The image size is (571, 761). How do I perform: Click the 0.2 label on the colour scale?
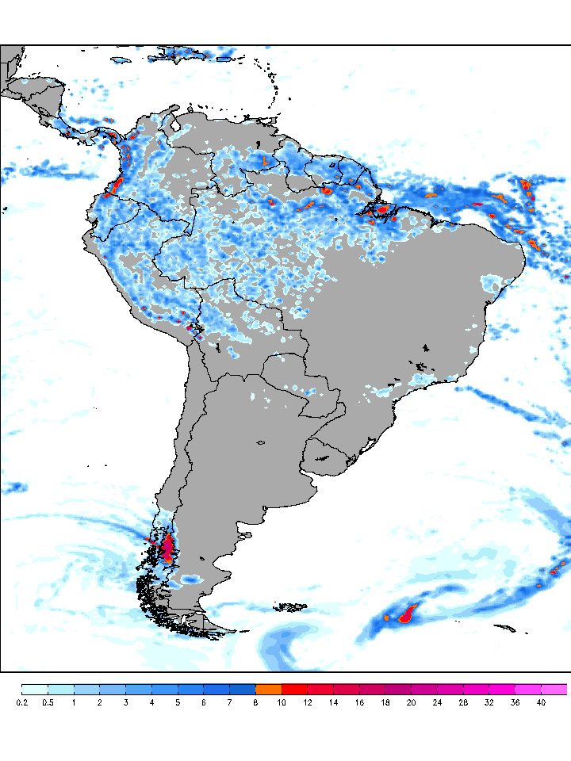pos(21,702)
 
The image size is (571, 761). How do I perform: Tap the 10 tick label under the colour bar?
pos(282,702)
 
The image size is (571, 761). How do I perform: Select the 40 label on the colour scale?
pos(541,702)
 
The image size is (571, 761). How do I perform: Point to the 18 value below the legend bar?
pos(385,702)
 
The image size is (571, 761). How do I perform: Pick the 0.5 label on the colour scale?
pos(48,702)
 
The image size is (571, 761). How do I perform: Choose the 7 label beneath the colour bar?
pos(229,702)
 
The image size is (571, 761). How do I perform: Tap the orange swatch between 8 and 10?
pos(268,689)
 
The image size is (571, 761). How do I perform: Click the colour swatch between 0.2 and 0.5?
pos(35,689)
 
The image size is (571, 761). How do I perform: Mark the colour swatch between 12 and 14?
pos(320,689)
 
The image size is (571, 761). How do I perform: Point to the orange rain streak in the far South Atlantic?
pos(409,613)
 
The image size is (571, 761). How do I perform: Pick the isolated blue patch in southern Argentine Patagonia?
pos(190,579)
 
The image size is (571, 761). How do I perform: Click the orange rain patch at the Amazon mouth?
pos(382,211)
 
